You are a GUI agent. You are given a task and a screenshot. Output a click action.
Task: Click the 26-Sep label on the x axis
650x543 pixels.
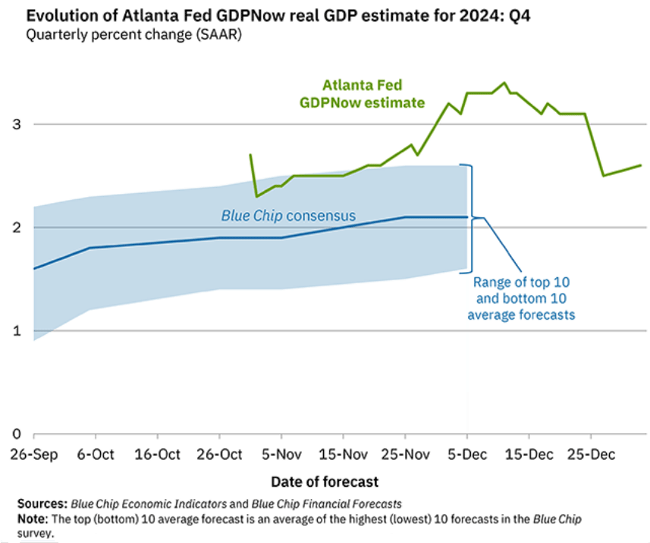coord(33,454)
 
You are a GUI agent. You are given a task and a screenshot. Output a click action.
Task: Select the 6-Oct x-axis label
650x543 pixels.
coord(96,454)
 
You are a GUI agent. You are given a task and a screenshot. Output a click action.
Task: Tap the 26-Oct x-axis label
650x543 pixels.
coord(219,454)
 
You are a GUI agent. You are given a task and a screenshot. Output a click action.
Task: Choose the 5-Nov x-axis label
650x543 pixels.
coord(281,454)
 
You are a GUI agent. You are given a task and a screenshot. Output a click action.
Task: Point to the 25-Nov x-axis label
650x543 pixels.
coord(404,454)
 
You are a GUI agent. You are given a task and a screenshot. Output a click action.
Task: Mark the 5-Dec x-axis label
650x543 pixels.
coord(466,454)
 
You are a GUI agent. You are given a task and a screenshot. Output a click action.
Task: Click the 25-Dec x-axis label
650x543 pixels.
coord(590,454)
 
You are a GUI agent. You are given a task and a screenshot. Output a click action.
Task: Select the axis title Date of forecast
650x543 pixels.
coord(324,482)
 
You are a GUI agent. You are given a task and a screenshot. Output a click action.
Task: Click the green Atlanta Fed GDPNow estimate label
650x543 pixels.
coord(374,94)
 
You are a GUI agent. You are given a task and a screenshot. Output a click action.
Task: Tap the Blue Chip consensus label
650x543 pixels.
coord(288,216)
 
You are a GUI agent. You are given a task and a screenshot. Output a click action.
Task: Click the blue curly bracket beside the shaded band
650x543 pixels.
coord(472,218)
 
